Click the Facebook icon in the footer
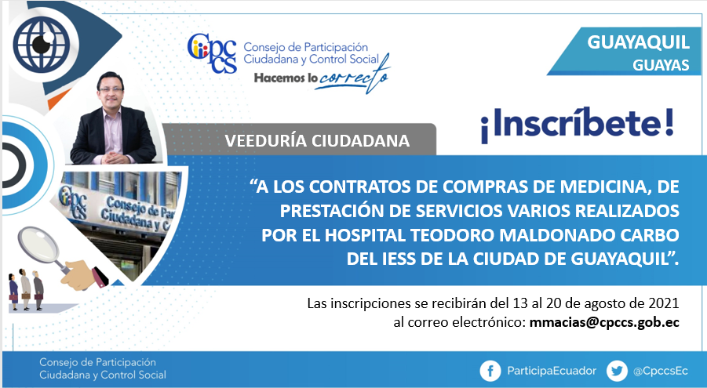tap(490, 371)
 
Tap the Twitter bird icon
tap(617, 371)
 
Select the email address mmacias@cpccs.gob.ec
tap(604, 323)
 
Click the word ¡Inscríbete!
tap(578, 124)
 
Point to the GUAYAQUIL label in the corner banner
tap(638, 42)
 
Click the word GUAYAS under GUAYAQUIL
tap(661, 65)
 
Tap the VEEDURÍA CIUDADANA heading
tap(317, 140)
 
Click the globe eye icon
tap(42, 44)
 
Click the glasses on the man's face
tap(111, 89)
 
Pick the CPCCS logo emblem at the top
tap(212, 53)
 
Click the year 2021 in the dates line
tap(664, 303)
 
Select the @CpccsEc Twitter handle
tap(660, 372)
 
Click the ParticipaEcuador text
tap(552, 371)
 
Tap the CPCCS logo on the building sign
tap(73, 201)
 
